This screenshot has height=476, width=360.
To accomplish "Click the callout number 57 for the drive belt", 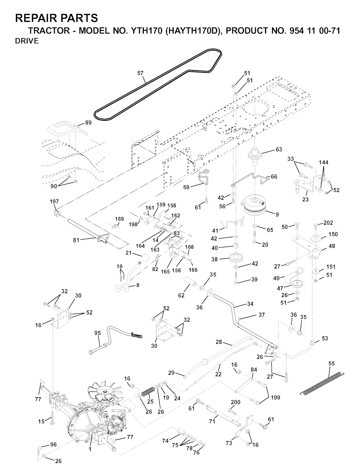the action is point(140,73).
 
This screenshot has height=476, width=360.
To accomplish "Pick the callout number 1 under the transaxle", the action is point(90,449).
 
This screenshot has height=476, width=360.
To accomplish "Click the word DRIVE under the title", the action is point(27,41).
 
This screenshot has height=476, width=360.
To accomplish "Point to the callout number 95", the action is point(98,333).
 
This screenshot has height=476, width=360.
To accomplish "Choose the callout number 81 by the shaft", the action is point(76,240).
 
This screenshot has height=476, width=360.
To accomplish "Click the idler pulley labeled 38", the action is point(237,258).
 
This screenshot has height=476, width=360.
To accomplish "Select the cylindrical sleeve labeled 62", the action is point(191,281).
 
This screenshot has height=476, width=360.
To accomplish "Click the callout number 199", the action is point(275,398).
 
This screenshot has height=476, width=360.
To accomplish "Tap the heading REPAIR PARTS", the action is point(57,18).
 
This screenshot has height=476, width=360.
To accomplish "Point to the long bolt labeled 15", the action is point(52,418).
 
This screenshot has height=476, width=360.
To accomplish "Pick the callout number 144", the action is point(323,162).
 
